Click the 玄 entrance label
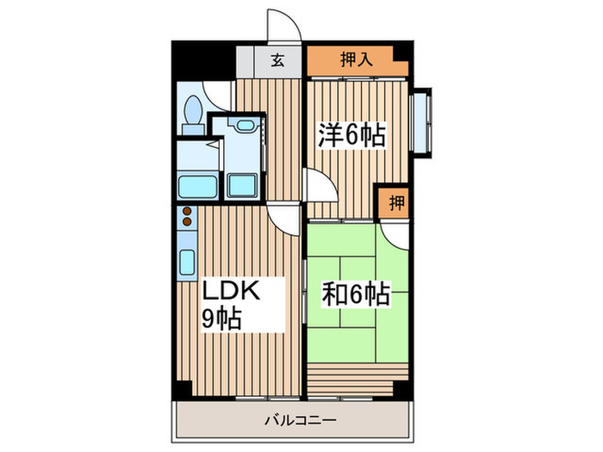click(x=278, y=61)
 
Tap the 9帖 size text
click(x=221, y=319)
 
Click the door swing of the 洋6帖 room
click(x=315, y=185)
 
